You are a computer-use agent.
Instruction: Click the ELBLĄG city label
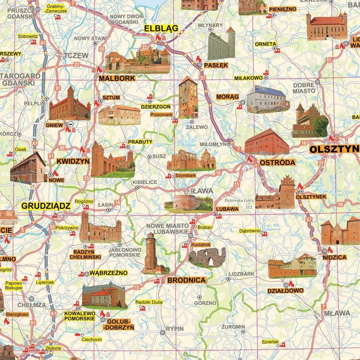click(x=161, y=28)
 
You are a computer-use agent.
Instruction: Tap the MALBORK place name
click(x=117, y=78)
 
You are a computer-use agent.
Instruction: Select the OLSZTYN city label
click(x=334, y=149)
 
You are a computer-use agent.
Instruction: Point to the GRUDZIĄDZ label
click(x=46, y=206)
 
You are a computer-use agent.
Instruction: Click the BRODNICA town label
click(x=186, y=280)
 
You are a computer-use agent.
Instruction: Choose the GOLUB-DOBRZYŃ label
click(x=119, y=324)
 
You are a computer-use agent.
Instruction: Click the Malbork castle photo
click(x=137, y=60)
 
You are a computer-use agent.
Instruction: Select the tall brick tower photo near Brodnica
click(x=152, y=253)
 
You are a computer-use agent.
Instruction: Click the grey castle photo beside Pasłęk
click(x=221, y=44)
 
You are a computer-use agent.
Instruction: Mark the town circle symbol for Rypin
click(x=162, y=332)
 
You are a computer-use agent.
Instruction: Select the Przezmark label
click(x=161, y=114)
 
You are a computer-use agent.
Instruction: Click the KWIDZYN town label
click(x=73, y=161)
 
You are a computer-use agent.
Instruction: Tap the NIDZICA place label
click(x=335, y=257)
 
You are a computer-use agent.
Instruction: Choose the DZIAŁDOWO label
click(x=285, y=290)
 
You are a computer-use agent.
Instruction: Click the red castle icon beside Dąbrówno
click(x=265, y=234)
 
